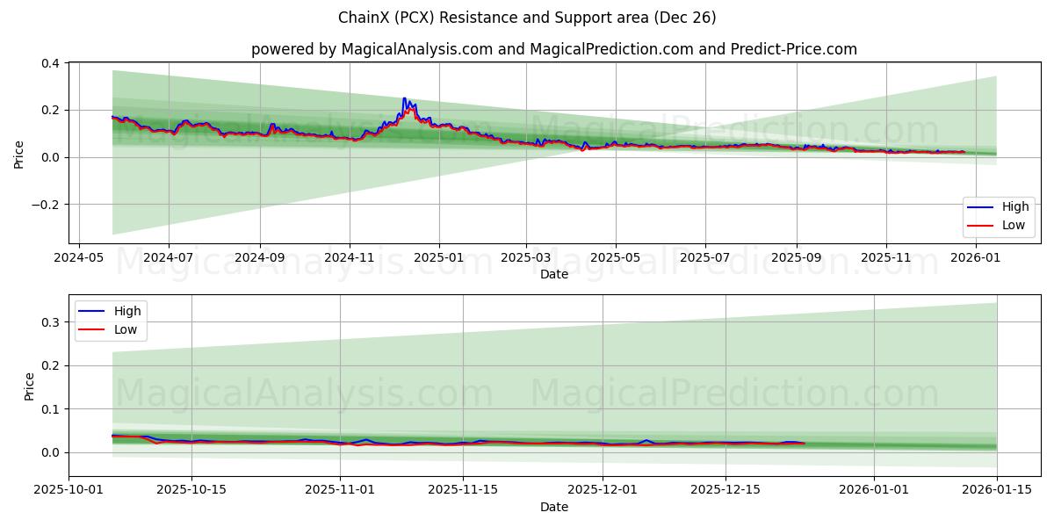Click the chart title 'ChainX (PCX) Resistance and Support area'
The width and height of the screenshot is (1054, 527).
[x=527, y=18]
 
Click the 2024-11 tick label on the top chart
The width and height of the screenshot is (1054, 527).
[x=350, y=258]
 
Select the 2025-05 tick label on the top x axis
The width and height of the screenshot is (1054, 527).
[x=615, y=258]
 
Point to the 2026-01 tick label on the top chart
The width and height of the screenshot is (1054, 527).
[x=976, y=258]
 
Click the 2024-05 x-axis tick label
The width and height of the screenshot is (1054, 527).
[x=79, y=258]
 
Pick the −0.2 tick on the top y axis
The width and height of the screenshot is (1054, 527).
[x=46, y=205]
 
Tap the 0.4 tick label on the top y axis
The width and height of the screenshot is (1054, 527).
[x=50, y=63]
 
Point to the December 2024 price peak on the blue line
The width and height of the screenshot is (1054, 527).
[x=404, y=98]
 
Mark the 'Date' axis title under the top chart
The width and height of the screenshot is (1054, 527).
[x=554, y=274]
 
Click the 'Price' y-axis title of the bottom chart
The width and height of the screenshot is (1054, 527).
[x=30, y=386]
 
